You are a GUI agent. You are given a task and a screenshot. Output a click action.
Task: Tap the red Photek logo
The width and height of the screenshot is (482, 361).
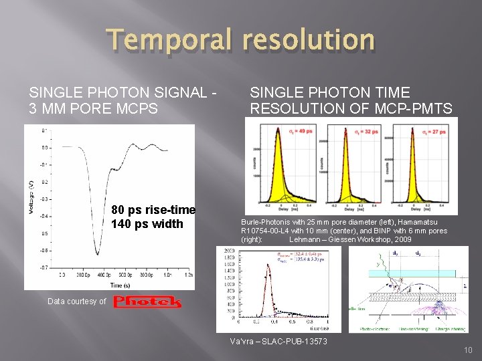(147, 302)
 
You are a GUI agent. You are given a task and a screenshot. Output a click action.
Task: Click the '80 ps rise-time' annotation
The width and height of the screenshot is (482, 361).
(153, 210)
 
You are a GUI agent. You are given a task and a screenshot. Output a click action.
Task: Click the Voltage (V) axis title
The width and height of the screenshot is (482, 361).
(31, 198)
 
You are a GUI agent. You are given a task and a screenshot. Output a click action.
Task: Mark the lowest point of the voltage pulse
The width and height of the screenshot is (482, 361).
(98, 254)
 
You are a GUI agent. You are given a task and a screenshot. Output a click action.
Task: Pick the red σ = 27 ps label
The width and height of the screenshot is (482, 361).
(439, 131)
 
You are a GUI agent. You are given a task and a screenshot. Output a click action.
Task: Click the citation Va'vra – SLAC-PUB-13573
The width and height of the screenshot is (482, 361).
(278, 342)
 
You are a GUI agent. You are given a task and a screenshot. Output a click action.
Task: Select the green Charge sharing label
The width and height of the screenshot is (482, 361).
(447, 328)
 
